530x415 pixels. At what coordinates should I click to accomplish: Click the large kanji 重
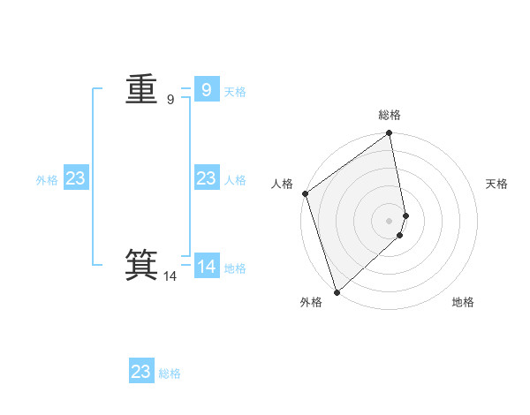click(x=141, y=89)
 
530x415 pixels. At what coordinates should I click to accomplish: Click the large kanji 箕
click(x=141, y=264)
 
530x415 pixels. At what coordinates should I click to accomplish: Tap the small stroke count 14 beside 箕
click(x=170, y=276)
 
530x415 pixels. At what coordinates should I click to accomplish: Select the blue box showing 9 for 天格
click(x=206, y=89)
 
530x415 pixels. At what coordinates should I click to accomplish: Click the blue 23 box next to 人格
click(x=206, y=178)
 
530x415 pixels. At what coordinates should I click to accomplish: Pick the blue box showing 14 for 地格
click(x=207, y=266)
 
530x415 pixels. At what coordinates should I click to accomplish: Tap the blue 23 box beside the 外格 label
click(x=75, y=178)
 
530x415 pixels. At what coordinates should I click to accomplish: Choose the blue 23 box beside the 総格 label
click(x=141, y=372)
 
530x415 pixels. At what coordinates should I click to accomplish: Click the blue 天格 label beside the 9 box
click(x=235, y=92)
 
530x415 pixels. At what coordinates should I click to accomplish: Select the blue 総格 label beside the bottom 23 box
click(x=170, y=373)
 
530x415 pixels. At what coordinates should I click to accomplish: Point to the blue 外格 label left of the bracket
click(x=47, y=180)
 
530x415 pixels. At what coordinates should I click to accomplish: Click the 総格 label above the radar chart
click(x=390, y=115)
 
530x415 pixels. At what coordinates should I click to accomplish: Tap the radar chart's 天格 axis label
click(x=497, y=184)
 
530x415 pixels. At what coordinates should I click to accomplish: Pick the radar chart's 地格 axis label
click(x=463, y=302)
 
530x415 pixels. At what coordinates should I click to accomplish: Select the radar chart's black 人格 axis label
click(x=282, y=184)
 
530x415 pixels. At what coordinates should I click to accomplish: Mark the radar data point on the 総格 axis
click(x=390, y=134)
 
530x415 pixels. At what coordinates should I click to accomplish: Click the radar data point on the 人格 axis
click(x=305, y=193)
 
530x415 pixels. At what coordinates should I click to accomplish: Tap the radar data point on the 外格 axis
click(x=337, y=291)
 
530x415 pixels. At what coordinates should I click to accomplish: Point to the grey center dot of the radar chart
click(x=390, y=220)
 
